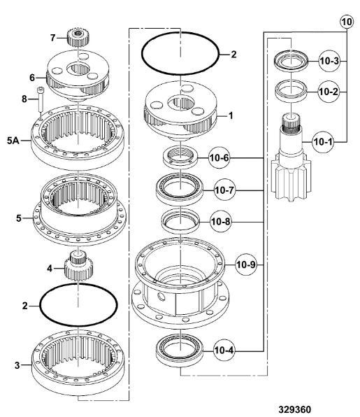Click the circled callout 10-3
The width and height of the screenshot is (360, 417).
[x=329, y=61]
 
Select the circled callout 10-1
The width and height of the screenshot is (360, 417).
[x=323, y=142]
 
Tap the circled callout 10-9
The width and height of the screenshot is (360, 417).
[x=246, y=264]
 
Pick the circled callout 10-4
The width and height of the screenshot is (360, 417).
[x=224, y=351]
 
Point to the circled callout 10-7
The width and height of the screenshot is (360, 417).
[x=225, y=190]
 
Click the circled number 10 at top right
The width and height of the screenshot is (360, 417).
[x=347, y=22]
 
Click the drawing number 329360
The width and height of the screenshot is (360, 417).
[x=295, y=409]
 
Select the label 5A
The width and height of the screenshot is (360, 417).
[x=13, y=140]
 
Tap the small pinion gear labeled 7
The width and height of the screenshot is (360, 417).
[x=78, y=38]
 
